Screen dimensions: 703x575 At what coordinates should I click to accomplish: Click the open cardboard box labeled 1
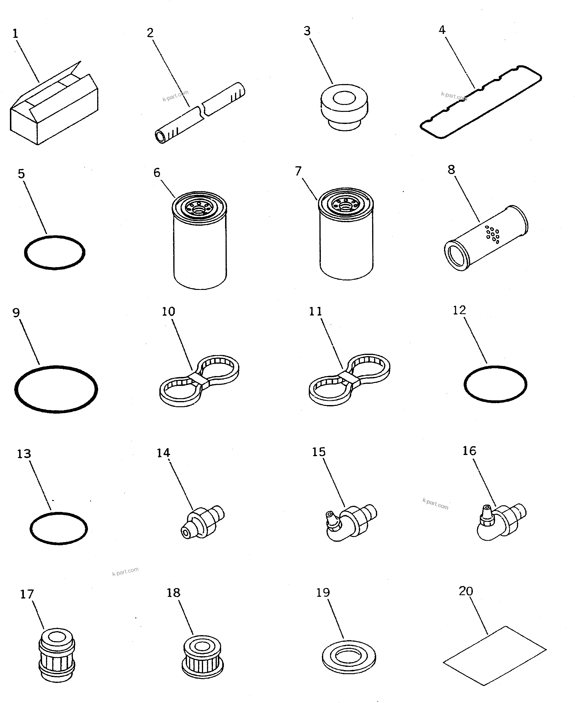53,111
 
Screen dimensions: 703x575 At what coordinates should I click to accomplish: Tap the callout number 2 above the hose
150,33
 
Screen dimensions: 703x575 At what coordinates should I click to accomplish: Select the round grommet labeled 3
344,106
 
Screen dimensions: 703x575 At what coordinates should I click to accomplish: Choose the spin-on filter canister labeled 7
346,239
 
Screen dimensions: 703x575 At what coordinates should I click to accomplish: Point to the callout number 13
24,454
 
